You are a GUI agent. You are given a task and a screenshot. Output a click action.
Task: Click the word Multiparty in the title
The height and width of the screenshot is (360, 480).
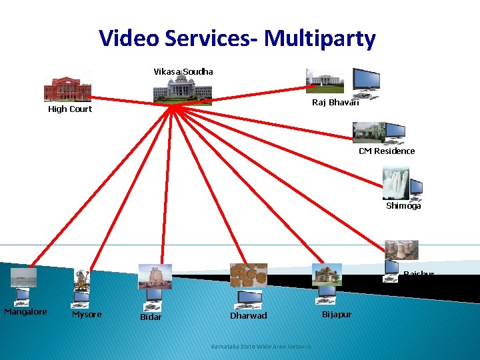coord(320,39)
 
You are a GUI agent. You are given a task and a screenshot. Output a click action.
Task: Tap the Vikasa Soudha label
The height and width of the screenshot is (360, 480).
coord(183,71)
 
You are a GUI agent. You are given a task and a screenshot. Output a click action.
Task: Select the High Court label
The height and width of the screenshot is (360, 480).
coord(70,109)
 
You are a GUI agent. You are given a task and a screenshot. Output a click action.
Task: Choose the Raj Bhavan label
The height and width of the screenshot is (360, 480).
coord(335,102)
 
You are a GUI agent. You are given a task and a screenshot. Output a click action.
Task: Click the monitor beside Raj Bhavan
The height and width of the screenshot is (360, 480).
coord(366,80)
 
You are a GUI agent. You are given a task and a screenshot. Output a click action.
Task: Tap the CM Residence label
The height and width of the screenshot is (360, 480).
coord(387,151)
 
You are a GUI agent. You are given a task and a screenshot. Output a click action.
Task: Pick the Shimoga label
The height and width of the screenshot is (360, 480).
coord(403,206)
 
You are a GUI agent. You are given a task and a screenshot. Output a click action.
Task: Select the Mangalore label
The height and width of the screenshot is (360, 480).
coord(25,312)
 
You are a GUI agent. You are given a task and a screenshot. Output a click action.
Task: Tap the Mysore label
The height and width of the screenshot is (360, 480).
coord(87,315)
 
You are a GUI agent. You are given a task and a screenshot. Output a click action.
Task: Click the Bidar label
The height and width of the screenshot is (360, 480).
coord(151,317)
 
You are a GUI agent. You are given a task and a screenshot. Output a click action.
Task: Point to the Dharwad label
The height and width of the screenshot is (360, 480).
coord(248,315)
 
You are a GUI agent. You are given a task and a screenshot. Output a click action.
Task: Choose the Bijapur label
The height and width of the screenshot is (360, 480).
coord(337,314)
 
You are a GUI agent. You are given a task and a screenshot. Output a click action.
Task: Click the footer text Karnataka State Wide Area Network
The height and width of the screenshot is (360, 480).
coord(261,347)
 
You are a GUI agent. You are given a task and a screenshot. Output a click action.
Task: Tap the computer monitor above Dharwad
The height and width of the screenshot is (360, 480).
coord(250,298)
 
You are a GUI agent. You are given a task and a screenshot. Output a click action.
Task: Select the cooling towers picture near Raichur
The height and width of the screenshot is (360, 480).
coord(401,250)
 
